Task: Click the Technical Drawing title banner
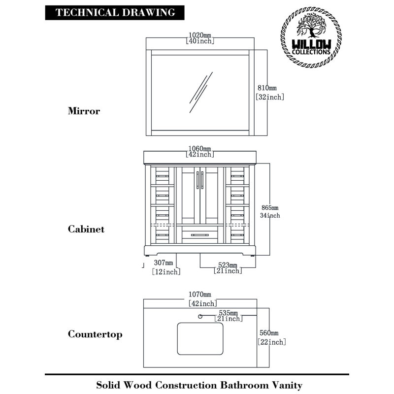[115, 13]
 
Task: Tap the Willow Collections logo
[311, 37]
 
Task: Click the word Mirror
[84, 111]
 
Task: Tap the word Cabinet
[86, 229]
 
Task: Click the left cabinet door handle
[197, 180]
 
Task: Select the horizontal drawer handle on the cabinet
[200, 235]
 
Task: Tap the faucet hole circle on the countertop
[200, 317]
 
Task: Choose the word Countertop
[95, 334]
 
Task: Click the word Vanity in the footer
[288, 385]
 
